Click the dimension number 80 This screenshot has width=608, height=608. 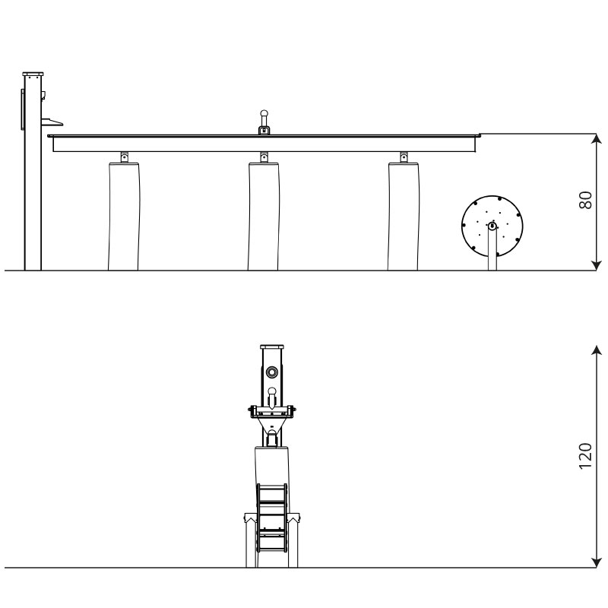(585, 200)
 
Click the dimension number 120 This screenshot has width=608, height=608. (585, 456)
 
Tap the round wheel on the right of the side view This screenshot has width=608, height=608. (492, 226)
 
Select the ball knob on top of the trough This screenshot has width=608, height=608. (264, 114)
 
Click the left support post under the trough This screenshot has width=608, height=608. (123, 217)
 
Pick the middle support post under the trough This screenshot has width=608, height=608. (263, 217)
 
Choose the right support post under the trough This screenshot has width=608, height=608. (404, 217)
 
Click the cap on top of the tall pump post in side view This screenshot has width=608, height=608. (33, 74)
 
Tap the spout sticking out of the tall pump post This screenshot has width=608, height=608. (51, 122)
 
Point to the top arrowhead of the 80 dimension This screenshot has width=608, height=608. (596, 138)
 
